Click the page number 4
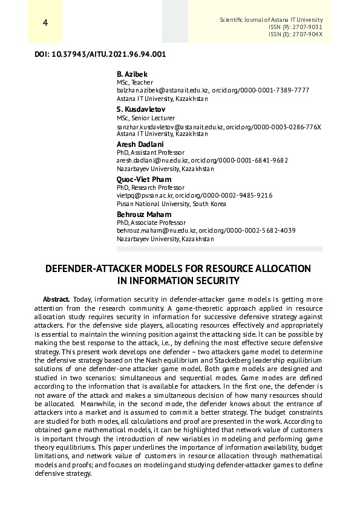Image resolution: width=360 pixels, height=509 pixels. tap(45, 23)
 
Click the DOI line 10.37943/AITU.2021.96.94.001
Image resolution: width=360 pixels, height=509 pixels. tap(100, 54)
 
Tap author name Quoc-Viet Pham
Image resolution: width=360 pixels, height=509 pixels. tap(144, 180)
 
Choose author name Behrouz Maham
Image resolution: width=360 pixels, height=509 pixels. tap(144, 215)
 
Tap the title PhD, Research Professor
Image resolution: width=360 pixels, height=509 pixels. tap(151, 188)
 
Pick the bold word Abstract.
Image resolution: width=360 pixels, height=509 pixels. tap(56, 300)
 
